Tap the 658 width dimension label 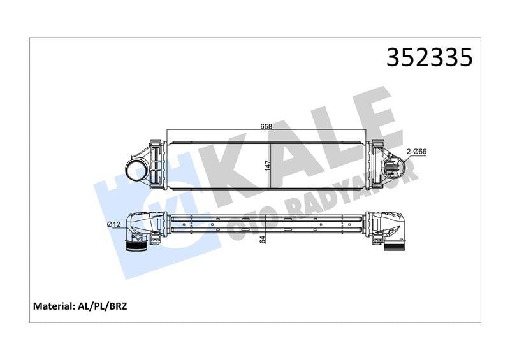pos(266,126)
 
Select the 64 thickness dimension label pos(262,239)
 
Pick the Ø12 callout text pos(114,224)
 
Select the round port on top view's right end pos(391,168)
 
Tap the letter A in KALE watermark pos(287,153)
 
